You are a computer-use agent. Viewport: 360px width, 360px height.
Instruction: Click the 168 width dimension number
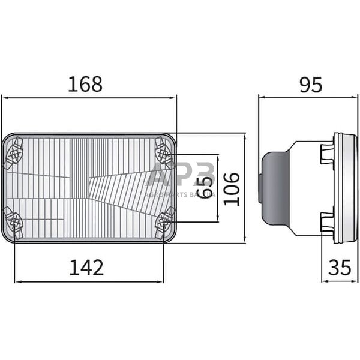click(85, 84)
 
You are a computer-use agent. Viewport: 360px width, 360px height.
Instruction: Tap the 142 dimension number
click(86, 267)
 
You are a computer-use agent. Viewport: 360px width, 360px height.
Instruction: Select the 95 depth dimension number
click(310, 85)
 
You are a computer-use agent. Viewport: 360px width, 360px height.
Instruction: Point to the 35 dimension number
click(340, 268)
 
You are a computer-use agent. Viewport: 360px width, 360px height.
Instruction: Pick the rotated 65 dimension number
click(205, 188)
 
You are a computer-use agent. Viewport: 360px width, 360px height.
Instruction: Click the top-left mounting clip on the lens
click(13, 151)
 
